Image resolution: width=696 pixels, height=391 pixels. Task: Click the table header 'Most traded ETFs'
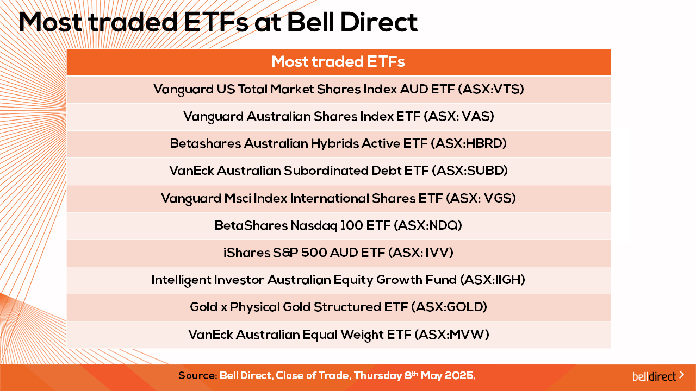pos(338,61)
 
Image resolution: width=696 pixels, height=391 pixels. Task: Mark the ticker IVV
pos(436,253)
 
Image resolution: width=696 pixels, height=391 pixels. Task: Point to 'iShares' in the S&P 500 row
pos(246,253)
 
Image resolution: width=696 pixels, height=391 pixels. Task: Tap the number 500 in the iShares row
pos(314,253)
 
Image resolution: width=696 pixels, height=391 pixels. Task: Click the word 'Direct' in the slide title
pos(379,22)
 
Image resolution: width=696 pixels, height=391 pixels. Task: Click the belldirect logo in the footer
pos(658,376)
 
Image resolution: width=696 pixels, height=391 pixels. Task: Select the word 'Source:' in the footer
pos(198,376)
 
